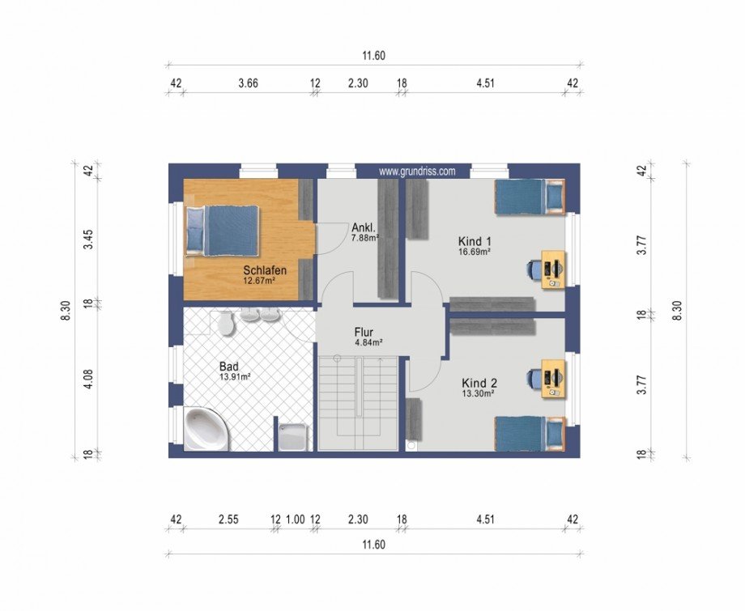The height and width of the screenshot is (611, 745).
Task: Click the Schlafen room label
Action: click(x=265, y=270)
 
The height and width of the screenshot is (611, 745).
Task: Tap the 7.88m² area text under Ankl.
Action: click(x=365, y=237)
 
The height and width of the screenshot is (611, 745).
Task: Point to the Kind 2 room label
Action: click(x=479, y=383)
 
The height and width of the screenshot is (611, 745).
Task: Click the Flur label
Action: click(x=364, y=331)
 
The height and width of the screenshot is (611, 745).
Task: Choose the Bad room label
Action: click(x=228, y=367)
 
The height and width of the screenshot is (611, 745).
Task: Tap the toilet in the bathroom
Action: click(x=225, y=323)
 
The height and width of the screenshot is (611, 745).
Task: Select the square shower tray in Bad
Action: click(x=292, y=437)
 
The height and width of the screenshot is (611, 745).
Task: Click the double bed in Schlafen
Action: click(x=223, y=231)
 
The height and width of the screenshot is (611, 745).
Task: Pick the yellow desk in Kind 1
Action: click(x=554, y=269)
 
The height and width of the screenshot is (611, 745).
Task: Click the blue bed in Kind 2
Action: click(x=530, y=434)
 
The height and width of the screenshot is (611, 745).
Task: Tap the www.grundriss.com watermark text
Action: click(x=417, y=172)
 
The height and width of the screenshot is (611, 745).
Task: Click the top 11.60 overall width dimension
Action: click(x=373, y=56)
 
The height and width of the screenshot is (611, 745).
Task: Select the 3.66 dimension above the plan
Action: click(x=248, y=83)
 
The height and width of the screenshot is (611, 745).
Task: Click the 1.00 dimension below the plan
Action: click(x=295, y=520)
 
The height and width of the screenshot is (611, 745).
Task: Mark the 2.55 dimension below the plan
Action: click(x=228, y=520)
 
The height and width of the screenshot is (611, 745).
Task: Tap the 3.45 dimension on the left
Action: click(x=88, y=240)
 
